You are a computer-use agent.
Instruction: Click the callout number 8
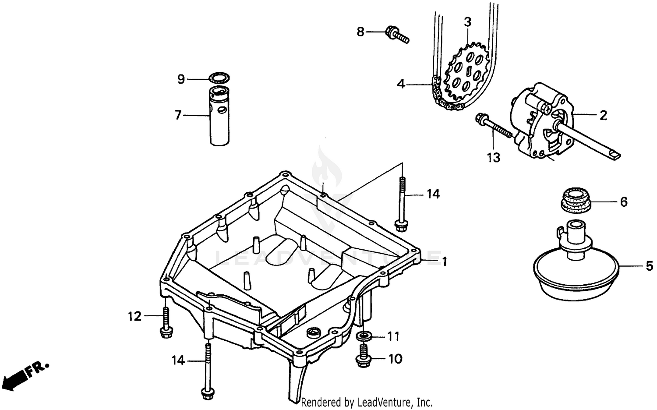click(360, 32)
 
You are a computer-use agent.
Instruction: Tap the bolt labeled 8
click(397, 35)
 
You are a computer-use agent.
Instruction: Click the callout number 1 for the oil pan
click(444, 262)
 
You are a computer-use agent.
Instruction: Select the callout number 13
click(493, 157)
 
